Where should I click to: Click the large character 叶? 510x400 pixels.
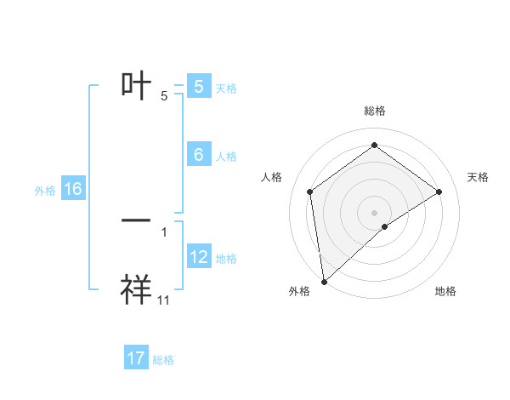click(x=136, y=86)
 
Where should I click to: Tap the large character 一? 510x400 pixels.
click(x=136, y=220)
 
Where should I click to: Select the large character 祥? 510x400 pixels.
click(x=136, y=290)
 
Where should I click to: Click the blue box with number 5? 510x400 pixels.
click(x=198, y=87)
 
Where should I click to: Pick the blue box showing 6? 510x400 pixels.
click(x=198, y=154)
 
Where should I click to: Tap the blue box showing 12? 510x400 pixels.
click(x=198, y=257)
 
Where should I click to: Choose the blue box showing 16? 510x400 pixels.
click(x=72, y=189)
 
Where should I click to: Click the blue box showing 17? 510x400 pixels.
click(x=136, y=358)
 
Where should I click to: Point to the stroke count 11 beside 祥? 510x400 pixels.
click(x=164, y=300)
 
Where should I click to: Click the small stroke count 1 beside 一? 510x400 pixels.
click(x=164, y=231)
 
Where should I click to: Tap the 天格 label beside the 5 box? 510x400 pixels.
click(x=226, y=88)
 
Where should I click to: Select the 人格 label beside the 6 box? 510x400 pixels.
click(x=226, y=156)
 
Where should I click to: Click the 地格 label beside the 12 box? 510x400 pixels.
click(x=226, y=258)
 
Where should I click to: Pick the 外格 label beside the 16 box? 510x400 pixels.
click(x=45, y=190)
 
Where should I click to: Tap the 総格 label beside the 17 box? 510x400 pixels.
click(x=163, y=360)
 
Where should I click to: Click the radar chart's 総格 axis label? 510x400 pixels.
click(x=374, y=111)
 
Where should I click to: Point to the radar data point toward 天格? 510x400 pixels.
click(x=439, y=191)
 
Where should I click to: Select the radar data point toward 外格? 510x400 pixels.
click(x=324, y=282)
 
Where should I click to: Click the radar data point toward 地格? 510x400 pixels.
click(x=385, y=226)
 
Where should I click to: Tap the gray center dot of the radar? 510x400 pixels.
click(x=374, y=212)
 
